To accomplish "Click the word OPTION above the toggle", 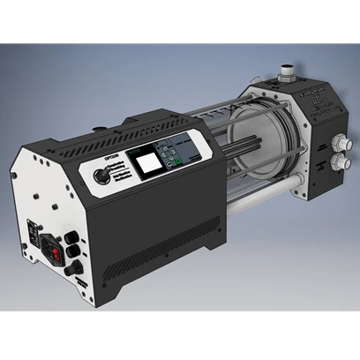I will [x=111, y=157].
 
